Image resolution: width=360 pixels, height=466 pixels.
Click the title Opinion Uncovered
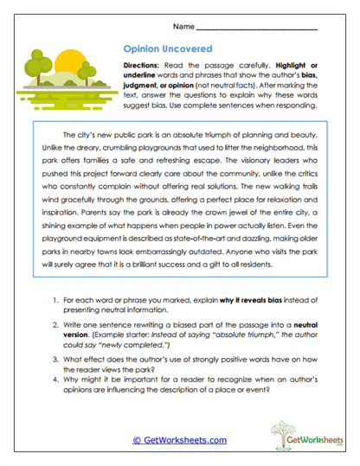160,51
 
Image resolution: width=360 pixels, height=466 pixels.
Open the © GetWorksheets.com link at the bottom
180,439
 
